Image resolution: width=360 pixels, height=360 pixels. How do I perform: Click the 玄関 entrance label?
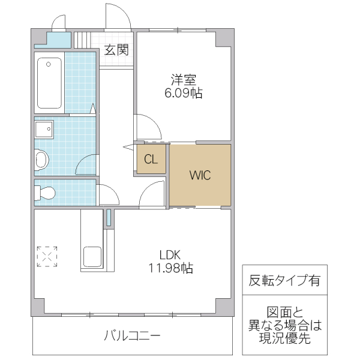pyautogui.click(x=116, y=50)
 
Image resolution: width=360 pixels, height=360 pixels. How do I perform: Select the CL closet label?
pyautogui.click(x=151, y=160)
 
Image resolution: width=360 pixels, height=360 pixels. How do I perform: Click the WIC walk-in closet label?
pyautogui.click(x=200, y=176)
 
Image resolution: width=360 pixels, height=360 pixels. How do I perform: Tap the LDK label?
pyautogui.click(x=170, y=253)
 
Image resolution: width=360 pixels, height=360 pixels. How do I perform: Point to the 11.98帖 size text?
pyautogui.click(x=170, y=268)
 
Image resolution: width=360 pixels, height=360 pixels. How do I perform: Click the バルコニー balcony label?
pyautogui.click(x=131, y=336)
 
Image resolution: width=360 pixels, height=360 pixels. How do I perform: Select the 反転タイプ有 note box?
pyautogui.click(x=284, y=280)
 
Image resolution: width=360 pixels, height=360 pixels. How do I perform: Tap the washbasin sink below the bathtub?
pyautogui.click(x=44, y=129)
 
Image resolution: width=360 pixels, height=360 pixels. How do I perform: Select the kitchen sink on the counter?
pyautogui.click(x=92, y=257)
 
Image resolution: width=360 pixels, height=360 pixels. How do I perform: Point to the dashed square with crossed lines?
pyautogui.click(x=47, y=256)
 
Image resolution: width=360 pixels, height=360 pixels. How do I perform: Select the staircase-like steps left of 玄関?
pyautogui.click(x=85, y=40)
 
